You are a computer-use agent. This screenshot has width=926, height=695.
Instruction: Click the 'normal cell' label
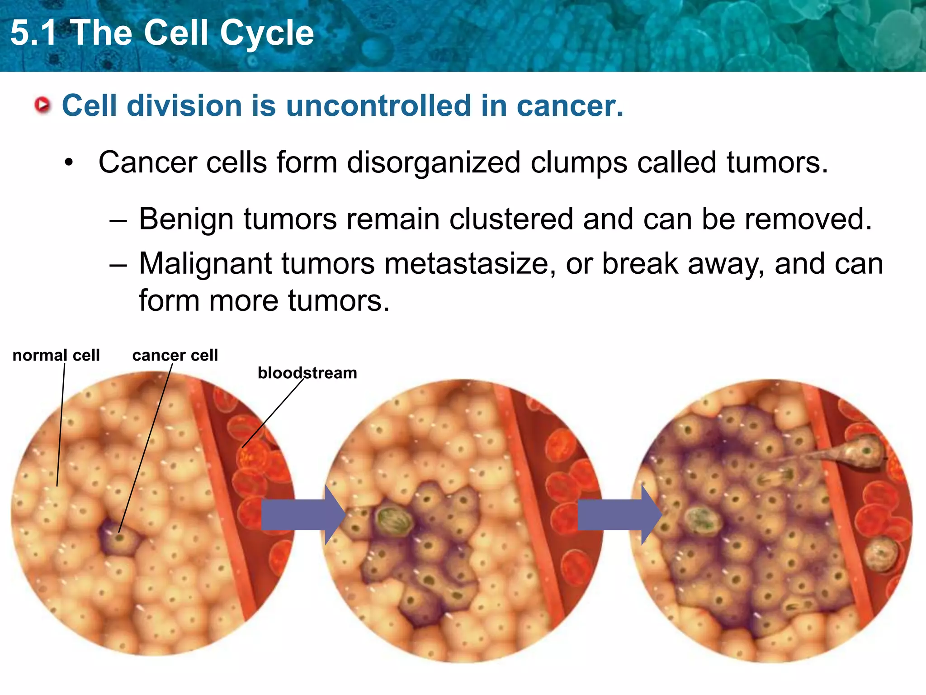pos(56,355)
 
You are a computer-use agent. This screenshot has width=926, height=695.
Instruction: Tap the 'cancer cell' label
pos(175,355)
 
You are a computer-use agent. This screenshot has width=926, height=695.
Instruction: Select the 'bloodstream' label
pos(307,373)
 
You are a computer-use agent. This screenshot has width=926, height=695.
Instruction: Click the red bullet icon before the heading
pos(43,105)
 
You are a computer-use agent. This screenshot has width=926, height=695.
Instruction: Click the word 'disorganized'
pos(433,162)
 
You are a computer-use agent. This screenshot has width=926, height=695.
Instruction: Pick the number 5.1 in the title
pos(34,33)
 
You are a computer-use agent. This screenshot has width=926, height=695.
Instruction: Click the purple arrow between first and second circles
pos(302,515)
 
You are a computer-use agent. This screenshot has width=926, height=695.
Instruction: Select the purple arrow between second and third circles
pos(619,515)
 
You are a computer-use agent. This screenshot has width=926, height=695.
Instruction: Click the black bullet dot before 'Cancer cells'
pos(69,162)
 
